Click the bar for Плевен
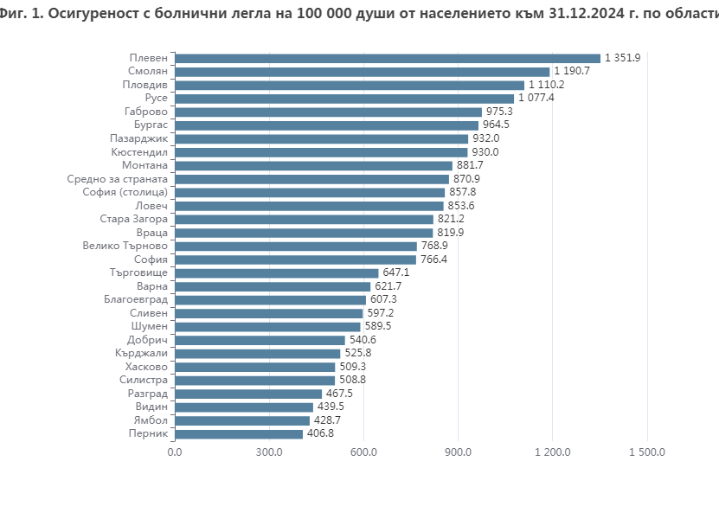387,58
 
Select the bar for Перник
239,433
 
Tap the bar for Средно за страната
311,179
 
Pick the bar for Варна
273,286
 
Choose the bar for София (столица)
310,192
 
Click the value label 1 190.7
572,71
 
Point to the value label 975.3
499,112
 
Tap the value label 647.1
396,272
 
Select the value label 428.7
327,420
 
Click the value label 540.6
363,340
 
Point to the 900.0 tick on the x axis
458,452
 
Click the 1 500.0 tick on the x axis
646,452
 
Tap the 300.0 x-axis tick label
269,452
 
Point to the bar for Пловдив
349,85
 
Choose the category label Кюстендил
139,151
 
